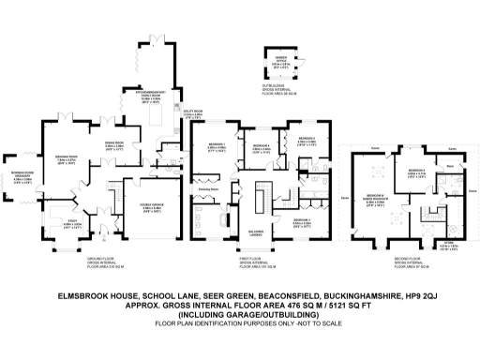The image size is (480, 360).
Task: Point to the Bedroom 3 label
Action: pos(306,140)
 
